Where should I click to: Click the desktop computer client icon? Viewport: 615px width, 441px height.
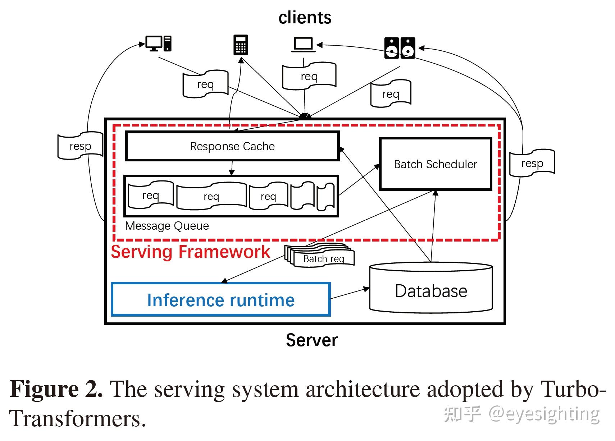[x=158, y=43]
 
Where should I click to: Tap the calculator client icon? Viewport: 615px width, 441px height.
[x=241, y=45]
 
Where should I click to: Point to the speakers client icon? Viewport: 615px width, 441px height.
[x=400, y=48]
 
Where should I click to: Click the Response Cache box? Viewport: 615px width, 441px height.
[x=232, y=146]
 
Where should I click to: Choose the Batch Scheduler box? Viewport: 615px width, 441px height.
[x=435, y=164]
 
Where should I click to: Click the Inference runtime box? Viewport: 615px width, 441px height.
[x=220, y=300]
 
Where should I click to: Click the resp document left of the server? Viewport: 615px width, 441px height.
[x=80, y=146]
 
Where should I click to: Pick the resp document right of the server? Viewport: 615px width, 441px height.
[x=532, y=163]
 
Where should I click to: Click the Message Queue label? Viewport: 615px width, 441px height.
[x=167, y=226]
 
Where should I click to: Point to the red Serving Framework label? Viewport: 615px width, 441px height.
[x=190, y=252]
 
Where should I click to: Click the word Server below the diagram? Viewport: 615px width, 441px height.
[x=311, y=340]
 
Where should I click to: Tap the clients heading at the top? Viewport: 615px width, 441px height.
[x=305, y=18]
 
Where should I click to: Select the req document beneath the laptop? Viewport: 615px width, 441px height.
[x=309, y=76]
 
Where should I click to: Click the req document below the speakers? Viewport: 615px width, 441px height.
[x=391, y=94]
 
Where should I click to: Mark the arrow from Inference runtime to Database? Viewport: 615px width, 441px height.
[x=350, y=293]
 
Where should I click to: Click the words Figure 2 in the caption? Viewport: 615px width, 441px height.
[x=56, y=389]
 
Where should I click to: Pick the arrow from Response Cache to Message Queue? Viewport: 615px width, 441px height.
[x=232, y=168]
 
